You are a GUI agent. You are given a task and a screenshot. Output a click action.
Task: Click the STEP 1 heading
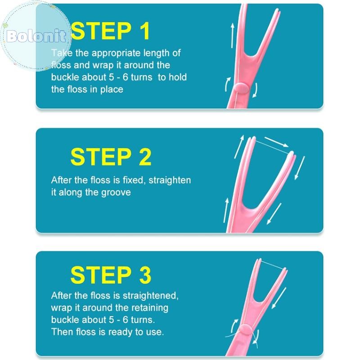click(x=110, y=31)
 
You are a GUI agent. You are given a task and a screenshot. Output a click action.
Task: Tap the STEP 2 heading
click(x=111, y=157)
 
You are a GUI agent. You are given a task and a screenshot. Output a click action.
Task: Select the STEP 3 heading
click(x=111, y=274)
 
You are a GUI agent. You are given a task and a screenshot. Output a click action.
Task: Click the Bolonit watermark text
click(x=36, y=36)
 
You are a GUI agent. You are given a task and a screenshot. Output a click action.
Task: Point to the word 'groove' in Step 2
click(x=116, y=193)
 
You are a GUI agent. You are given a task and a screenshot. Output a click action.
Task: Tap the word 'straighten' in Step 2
click(x=170, y=180)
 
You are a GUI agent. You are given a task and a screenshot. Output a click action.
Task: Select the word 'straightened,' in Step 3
click(x=151, y=296)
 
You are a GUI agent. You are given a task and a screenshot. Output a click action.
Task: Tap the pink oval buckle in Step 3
click(x=246, y=330)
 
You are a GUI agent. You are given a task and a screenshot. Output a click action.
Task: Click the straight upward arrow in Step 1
click(x=233, y=36)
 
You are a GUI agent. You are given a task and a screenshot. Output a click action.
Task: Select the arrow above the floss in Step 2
click(x=276, y=142)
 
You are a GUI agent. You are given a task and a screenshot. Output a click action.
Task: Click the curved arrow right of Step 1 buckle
click(x=256, y=90)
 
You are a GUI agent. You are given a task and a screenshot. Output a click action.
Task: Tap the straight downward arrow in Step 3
click(x=279, y=298)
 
